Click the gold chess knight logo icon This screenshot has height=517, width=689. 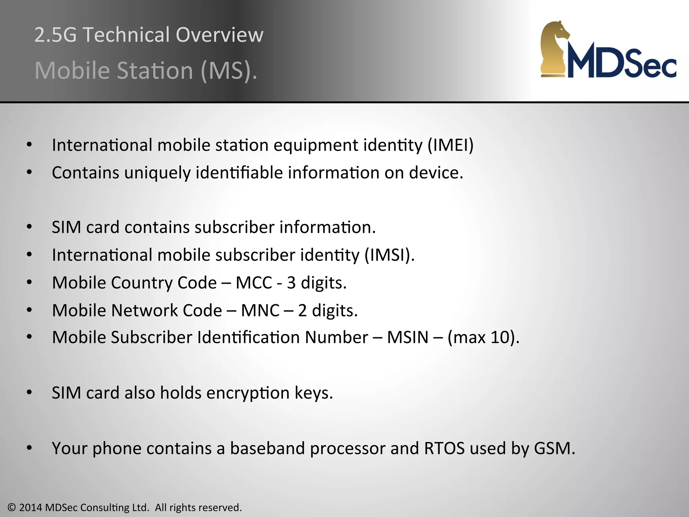(554, 49)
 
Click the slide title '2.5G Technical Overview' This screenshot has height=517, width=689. (149, 35)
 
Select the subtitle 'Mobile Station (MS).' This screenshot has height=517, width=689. (146, 70)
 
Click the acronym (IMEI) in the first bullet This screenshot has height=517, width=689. (450, 145)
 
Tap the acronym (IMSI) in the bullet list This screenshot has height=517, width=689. (390, 255)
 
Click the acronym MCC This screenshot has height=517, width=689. (254, 282)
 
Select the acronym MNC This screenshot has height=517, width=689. (260, 310)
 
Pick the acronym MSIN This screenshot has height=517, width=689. (407, 337)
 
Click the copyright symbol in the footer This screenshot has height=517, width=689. (12, 508)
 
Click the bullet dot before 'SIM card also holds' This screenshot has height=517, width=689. (29, 392)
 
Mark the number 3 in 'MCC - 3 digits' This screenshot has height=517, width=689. (291, 283)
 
